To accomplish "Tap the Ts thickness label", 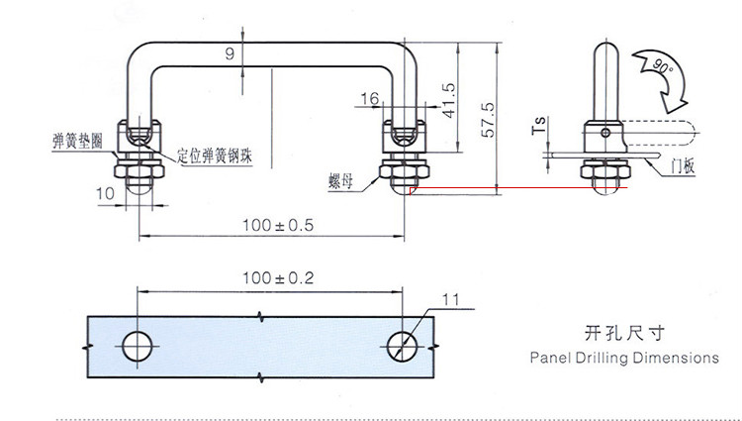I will pyautogui.click(x=539, y=127).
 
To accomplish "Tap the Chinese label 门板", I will pyautogui.click(x=683, y=167).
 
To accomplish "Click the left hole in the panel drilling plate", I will pyautogui.click(x=136, y=344).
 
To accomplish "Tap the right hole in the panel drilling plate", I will pyautogui.click(x=404, y=344).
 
